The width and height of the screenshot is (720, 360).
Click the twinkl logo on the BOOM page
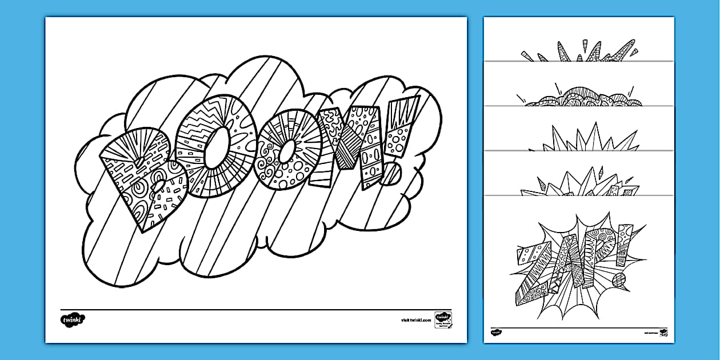click(73, 319)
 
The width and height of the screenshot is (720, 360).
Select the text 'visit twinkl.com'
click(417, 321)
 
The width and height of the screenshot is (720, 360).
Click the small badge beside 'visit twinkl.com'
click(443, 318)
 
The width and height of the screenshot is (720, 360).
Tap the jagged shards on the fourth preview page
click(577, 183)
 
